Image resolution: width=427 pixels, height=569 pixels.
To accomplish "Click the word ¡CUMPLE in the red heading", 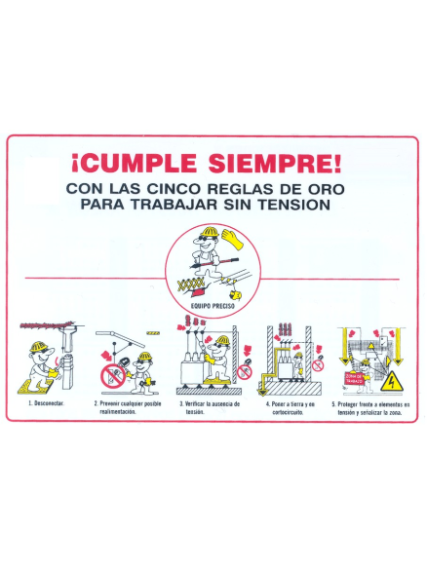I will [x=133, y=162].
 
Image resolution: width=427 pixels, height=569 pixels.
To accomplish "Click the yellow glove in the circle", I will [x=233, y=237].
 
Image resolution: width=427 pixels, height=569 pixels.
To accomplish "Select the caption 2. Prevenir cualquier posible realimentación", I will [x=128, y=407].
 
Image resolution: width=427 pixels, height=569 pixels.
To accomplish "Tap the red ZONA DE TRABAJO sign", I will [x=356, y=378].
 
